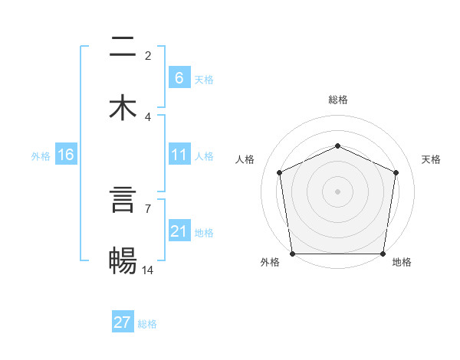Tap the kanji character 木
[123, 108]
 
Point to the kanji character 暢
[123, 261]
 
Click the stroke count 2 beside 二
[148, 55]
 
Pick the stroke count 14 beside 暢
[148, 270]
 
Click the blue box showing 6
[179, 77]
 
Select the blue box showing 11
[179, 155]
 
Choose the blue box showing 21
[179, 231]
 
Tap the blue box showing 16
[65, 155]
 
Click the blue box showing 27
[123, 322]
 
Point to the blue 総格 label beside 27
[147, 324]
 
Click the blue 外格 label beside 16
[41, 156]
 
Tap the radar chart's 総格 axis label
[338, 100]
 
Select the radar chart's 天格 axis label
[432, 159]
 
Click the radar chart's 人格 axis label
[245, 159]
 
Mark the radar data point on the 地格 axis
[383, 254]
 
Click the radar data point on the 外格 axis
[292, 254]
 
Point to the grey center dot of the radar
[338, 191]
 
